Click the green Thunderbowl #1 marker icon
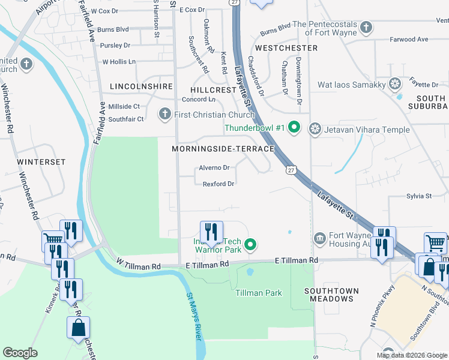294,128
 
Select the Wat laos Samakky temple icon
395,84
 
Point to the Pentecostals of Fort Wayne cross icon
366,27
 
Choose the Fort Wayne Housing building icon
319,239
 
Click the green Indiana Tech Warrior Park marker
252,244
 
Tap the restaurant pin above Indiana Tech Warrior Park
211,231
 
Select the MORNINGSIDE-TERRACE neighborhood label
223,148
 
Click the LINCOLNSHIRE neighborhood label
141,86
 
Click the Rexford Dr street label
218,184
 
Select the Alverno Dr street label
214,168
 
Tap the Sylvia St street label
419,196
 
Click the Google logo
20,353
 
